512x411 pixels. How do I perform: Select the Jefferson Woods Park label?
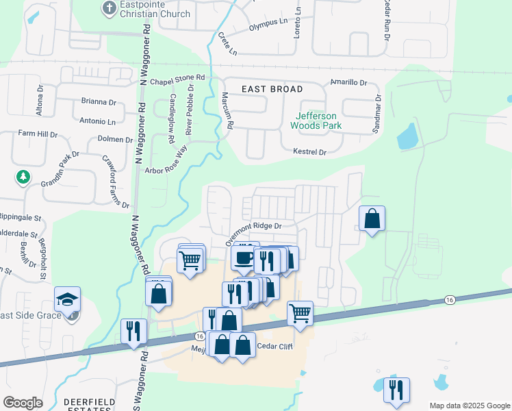point(316,121)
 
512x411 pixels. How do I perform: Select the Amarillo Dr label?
point(349,83)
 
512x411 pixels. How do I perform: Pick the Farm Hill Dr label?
point(38,134)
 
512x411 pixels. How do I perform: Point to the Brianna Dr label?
point(99,102)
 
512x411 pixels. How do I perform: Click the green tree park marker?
point(23,177)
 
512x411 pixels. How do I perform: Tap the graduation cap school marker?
point(68,299)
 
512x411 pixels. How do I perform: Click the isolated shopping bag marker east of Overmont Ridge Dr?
point(372,219)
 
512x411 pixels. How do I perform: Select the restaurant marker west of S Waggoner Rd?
point(133,331)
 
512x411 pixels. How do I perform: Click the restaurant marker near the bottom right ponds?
point(396,390)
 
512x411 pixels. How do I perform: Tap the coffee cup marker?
point(244,258)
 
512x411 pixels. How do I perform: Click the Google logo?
point(23,403)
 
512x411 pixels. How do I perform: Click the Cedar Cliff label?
point(274,346)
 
